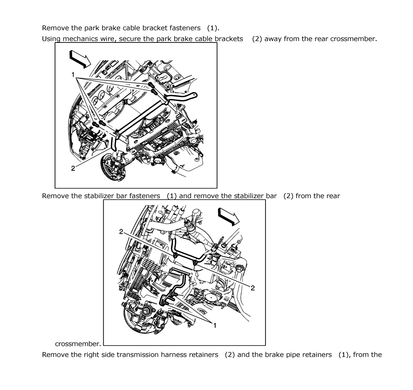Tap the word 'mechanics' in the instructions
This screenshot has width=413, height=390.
pyautogui.click(x=79, y=39)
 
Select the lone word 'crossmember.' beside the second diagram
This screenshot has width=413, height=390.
pyautogui.click(x=78, y=344)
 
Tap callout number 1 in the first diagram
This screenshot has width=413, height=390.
pyautogui.click(x=73, y=75)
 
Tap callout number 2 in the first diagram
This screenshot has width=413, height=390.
pyautogui.click(x=73, y=169)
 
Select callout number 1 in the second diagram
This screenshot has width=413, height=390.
pyautogui.click(x=215, y=325)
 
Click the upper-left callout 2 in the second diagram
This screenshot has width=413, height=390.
pyautogui.click(x=121, y=232)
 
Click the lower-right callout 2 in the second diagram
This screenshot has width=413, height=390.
pyautogui.click(x=253, y=288)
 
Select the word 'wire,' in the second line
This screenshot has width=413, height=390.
pyautogui.click(x=107, y=39)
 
